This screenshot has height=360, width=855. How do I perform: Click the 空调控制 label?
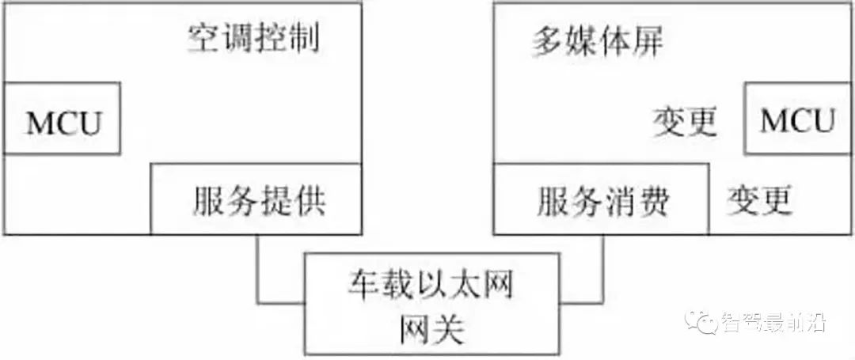pos(253,40)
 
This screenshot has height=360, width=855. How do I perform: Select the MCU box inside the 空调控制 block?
pos(62,118)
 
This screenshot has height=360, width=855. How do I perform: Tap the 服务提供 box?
pos(256,199)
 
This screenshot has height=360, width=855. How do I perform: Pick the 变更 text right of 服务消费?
pos(759,200)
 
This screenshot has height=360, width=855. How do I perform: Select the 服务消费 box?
pos(602,199)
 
